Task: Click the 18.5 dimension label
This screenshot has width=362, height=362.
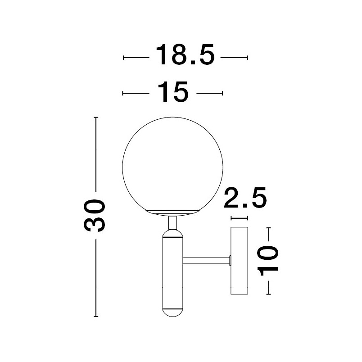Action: coord(185,54)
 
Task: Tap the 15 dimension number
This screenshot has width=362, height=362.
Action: coord(173,92)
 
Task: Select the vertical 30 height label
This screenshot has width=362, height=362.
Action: coord(94,215)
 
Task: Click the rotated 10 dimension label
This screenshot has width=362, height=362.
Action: coord(268,261)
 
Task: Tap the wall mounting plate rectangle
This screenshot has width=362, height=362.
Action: coord(240,261)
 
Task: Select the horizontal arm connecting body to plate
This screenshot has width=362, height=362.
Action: coord(206,261)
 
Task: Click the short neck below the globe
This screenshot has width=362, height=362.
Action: coord(173,222)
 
